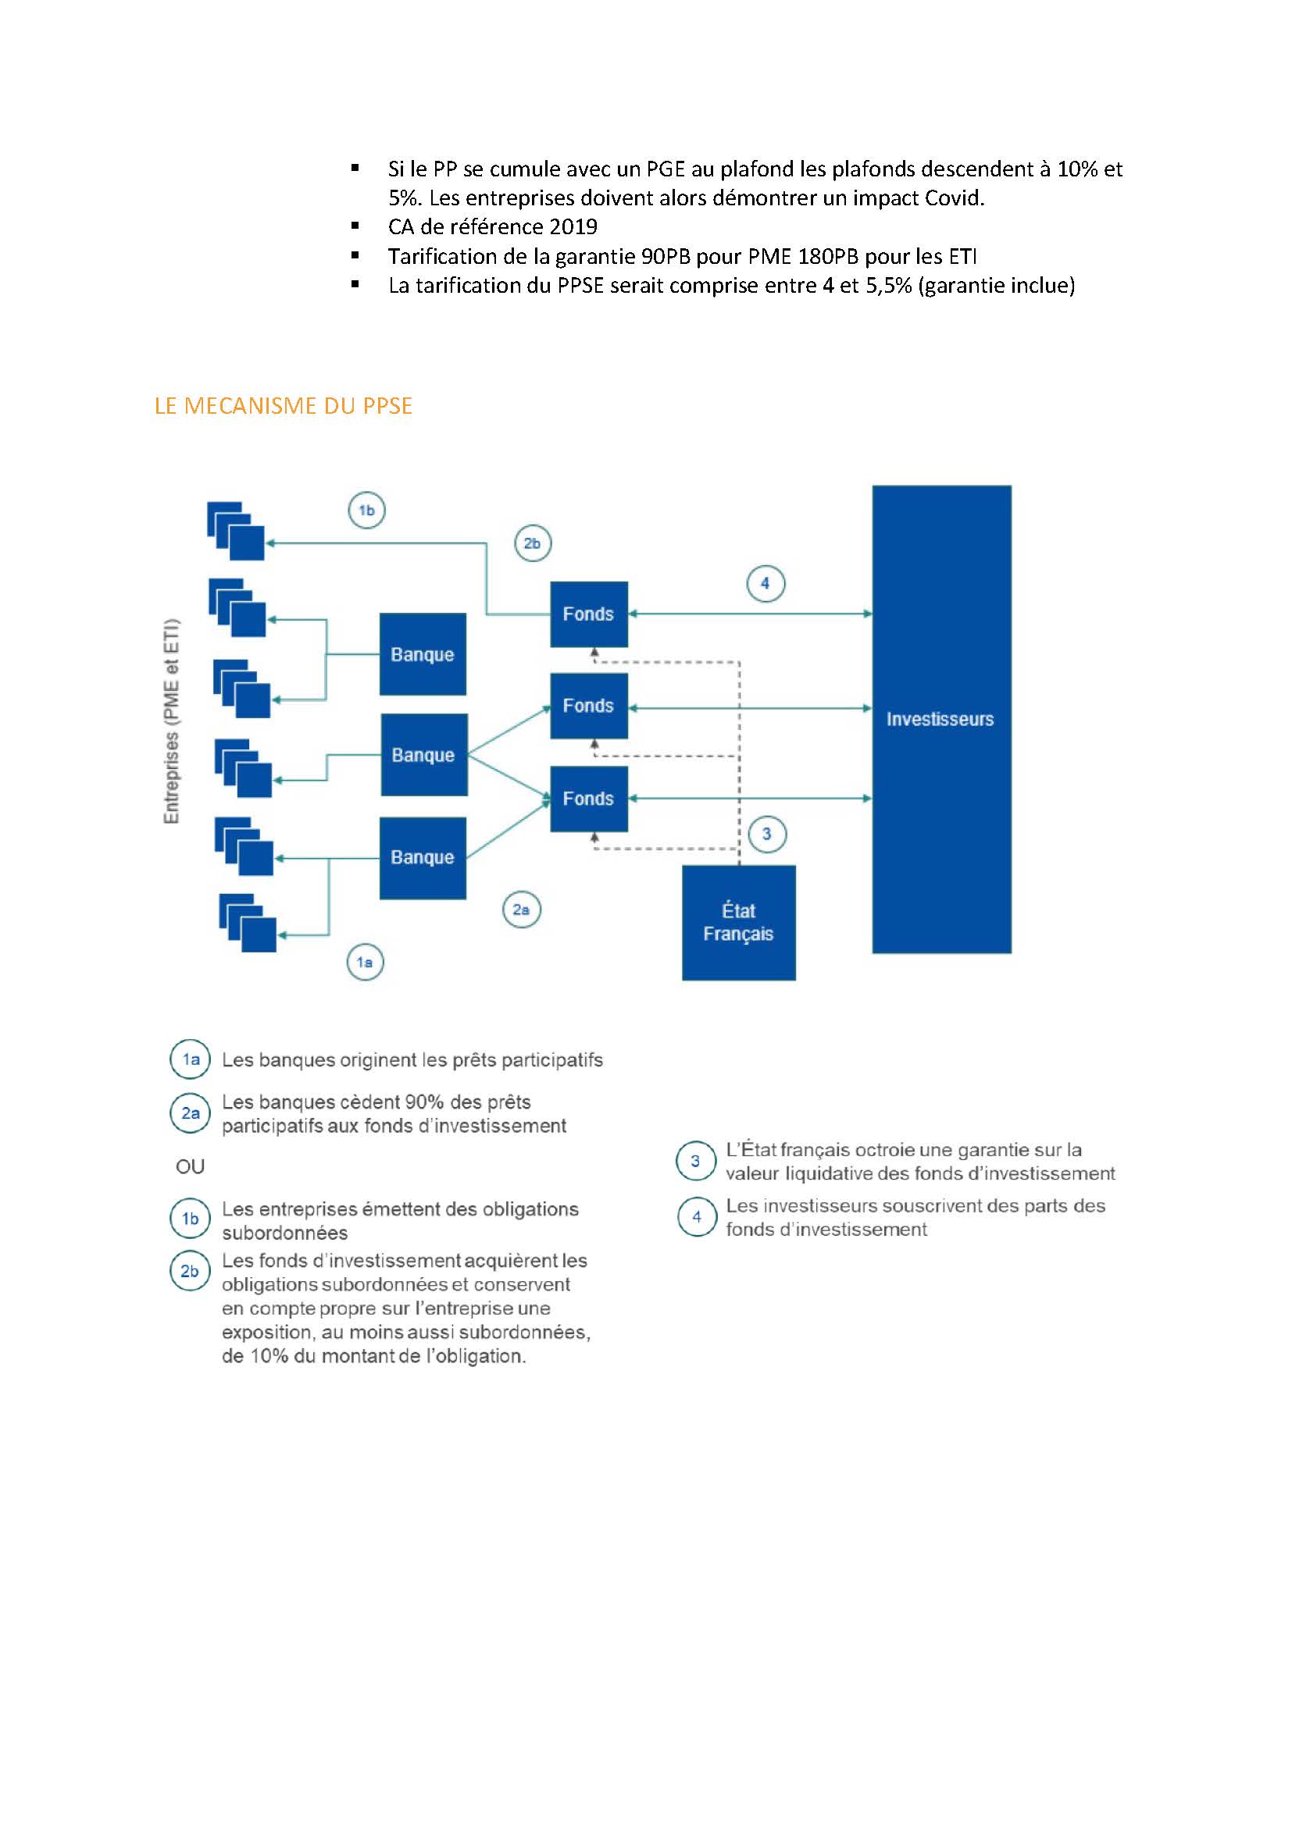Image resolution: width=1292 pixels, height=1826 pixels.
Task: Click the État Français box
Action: click(x=738, y=923)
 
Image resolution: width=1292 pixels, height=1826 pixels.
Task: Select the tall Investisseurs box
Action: click(x=942, y=719)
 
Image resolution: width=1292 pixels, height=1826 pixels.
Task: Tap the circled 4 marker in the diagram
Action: click(x=766, y=583)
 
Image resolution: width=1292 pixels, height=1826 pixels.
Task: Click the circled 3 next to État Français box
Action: click(x=767, y=834)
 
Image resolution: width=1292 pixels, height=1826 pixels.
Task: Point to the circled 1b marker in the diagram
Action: click(x=367, y=510)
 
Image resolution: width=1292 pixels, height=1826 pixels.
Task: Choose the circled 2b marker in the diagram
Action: click(x=532, y=543)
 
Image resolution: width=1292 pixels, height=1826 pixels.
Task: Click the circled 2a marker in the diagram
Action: click(x=521, y=909)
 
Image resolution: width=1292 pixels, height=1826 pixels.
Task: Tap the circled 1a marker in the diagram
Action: click(x=365, y=963)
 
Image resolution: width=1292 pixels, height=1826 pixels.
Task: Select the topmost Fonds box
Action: click(x=589, y=614)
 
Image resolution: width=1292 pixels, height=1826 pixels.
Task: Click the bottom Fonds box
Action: click(x=589, y=799)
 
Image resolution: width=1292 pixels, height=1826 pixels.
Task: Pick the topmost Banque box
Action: click(x=423, y=653)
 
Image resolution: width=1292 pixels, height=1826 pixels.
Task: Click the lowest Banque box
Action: click(x=423, y=857)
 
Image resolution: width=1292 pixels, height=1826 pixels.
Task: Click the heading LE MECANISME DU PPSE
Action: click(x=284, y=406)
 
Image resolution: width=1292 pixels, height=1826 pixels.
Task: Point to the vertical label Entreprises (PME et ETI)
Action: click(x=171, y=721)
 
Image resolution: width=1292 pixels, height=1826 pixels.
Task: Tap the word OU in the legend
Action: click(x=190, y=1166)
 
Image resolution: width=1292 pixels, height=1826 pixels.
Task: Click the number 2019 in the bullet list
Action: click(x=573, y=226)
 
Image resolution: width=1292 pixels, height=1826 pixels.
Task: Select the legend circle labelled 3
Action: click(x=695, y=1161)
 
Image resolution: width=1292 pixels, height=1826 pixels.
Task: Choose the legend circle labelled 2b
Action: click(x=190, y=1271)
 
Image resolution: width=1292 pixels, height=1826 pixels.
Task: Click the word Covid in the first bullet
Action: click(x=957, y=198)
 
